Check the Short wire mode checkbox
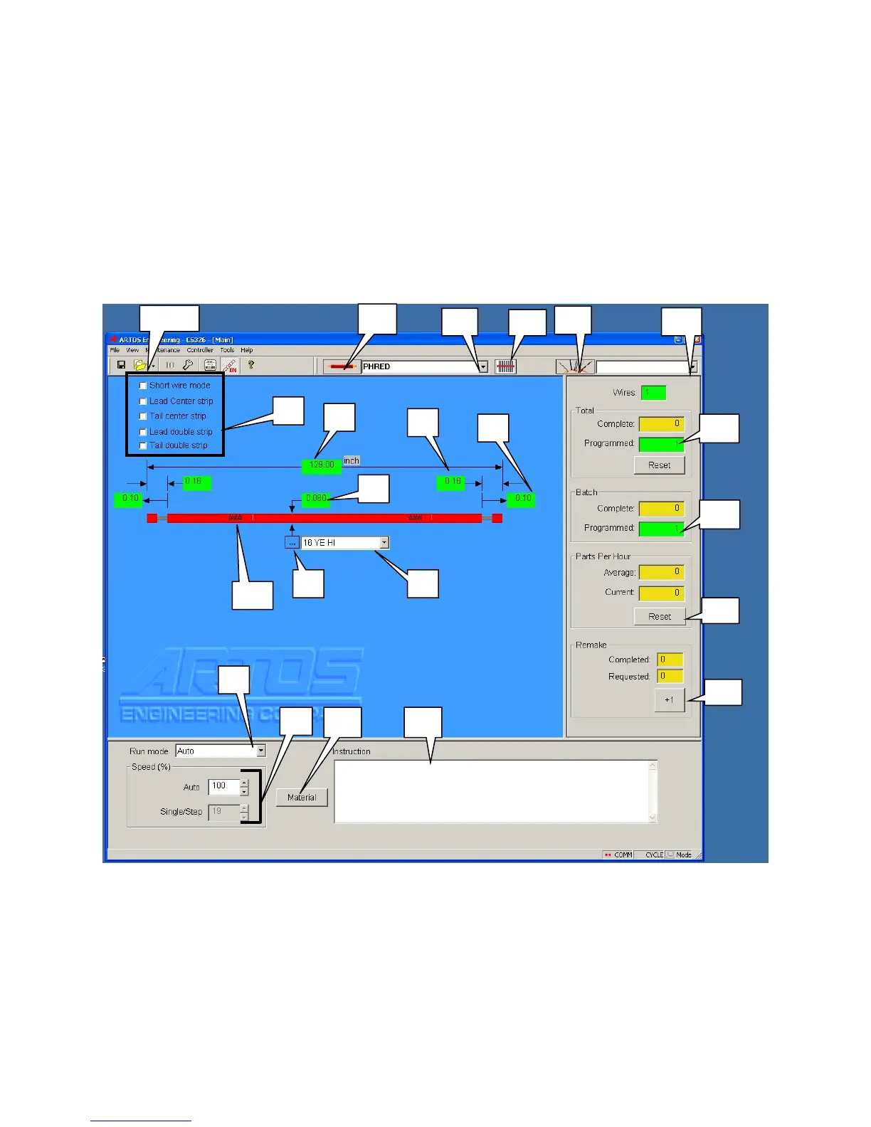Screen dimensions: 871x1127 tap(143, 386)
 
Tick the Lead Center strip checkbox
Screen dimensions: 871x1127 tap(143, 401)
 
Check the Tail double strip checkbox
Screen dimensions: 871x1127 tap(143, 445)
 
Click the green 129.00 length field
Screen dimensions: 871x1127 tap(322, 465)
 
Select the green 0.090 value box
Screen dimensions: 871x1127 tap(315, 498)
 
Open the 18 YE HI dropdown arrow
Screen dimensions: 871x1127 tap(384, 543)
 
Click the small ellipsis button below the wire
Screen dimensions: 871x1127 tap(292, 543)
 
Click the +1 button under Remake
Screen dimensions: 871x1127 tap(669, 700)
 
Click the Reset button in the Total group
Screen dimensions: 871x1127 tap(659, 465)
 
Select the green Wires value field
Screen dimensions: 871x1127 tap(653, 392)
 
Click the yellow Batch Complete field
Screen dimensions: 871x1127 tap(661, 509)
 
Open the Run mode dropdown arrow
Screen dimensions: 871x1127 tap(261, 751)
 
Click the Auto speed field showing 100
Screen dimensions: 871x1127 tap(223, 786)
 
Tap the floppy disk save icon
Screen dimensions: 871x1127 tap(122, 365)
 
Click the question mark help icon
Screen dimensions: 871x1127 tap(251, 365)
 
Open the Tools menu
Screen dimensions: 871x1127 tap(227, 350)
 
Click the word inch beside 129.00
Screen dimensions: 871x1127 tap(352, 461)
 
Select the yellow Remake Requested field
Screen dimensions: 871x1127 tap(670, 677)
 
